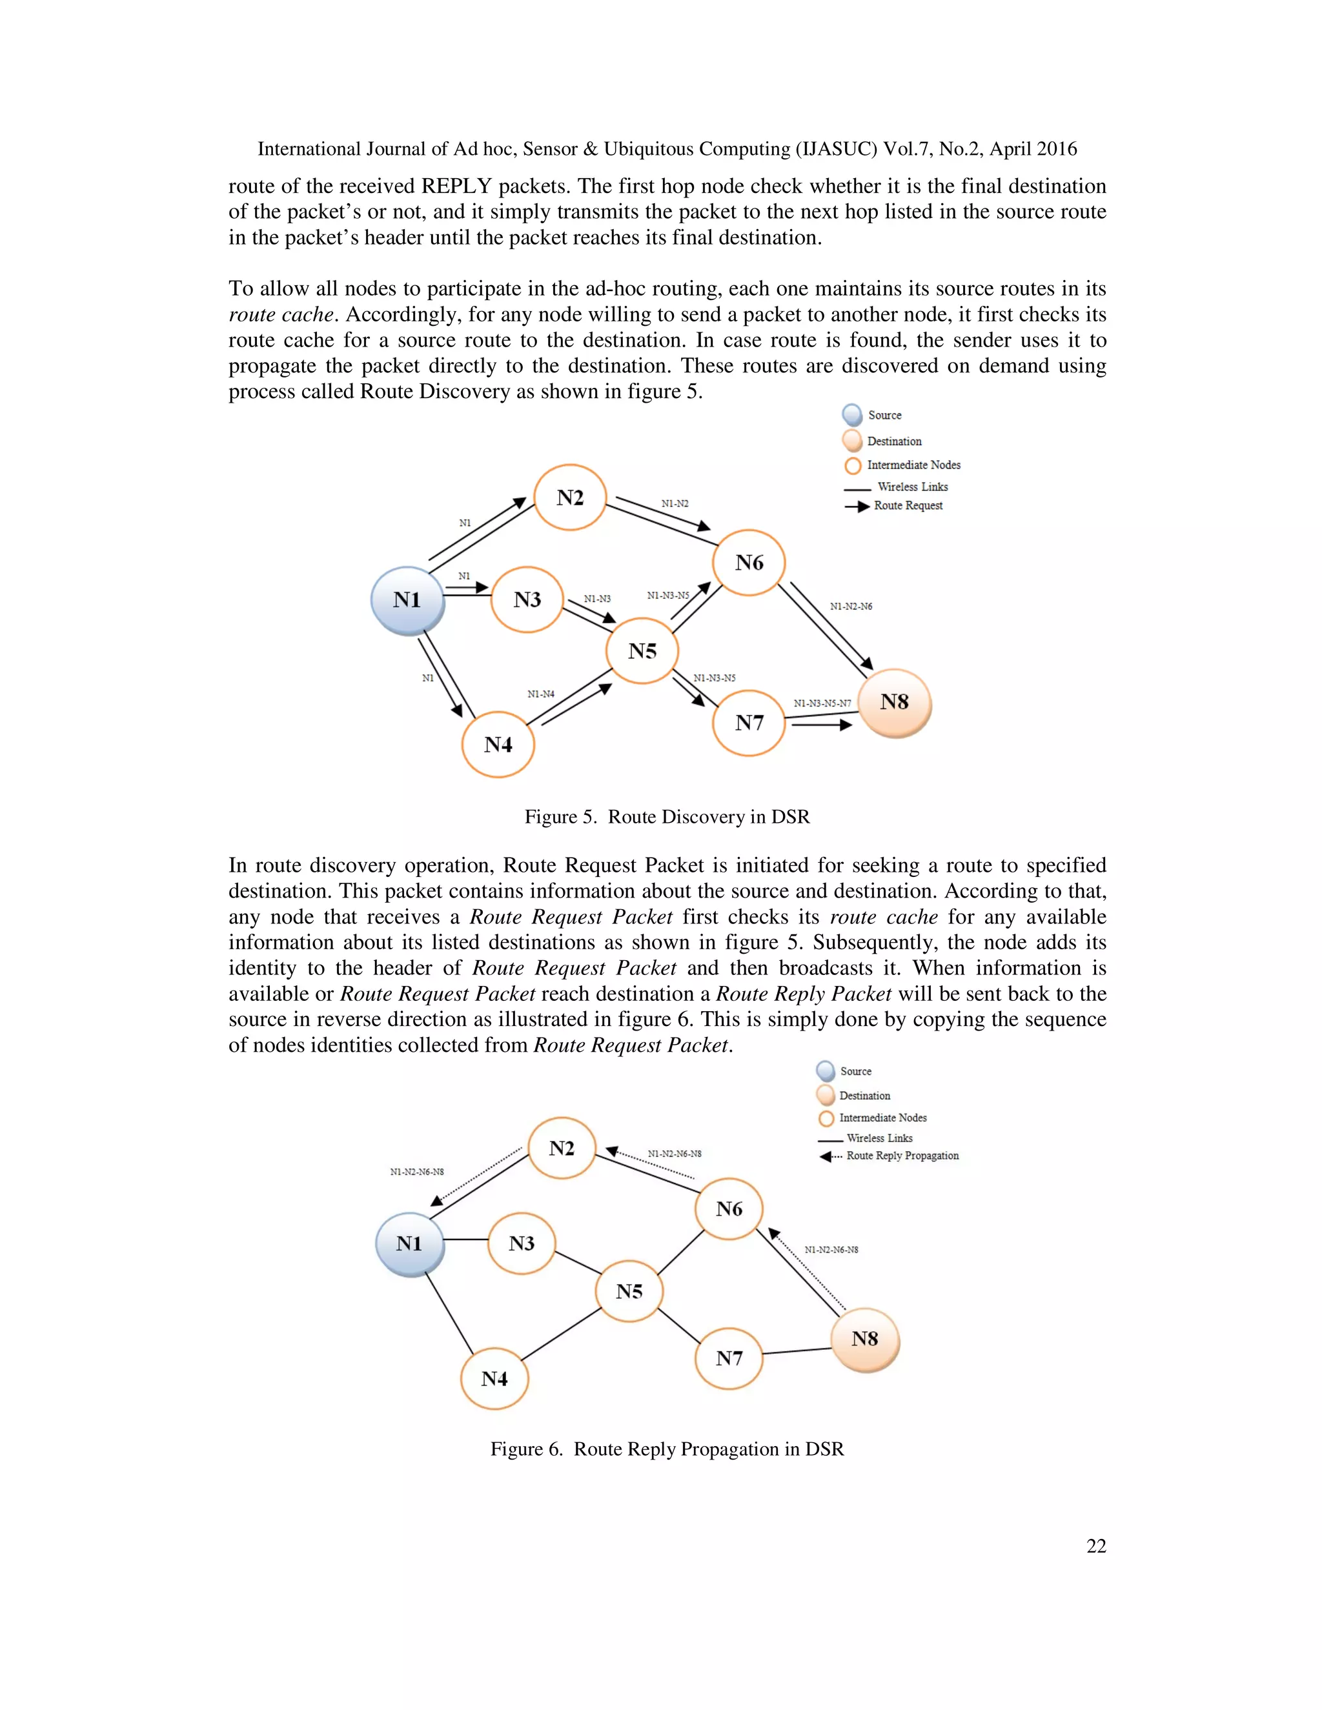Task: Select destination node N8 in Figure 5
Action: coord(895,702)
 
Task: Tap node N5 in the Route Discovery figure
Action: coord(642,650)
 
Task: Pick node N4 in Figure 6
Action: coord(494,1378)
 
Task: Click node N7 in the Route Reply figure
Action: coord(728,1358)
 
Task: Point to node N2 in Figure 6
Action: coord(562,1148)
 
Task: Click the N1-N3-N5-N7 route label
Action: coord(822,703)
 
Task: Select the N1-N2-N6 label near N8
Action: coord(851,606)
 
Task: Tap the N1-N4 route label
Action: coord(540,694)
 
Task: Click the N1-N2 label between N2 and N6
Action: coord(675,503)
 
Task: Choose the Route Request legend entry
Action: coord(907,506)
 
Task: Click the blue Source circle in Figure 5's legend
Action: coord(852,415)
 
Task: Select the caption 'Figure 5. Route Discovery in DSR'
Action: coord(666,817)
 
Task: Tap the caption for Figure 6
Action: coord(666,1449)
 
